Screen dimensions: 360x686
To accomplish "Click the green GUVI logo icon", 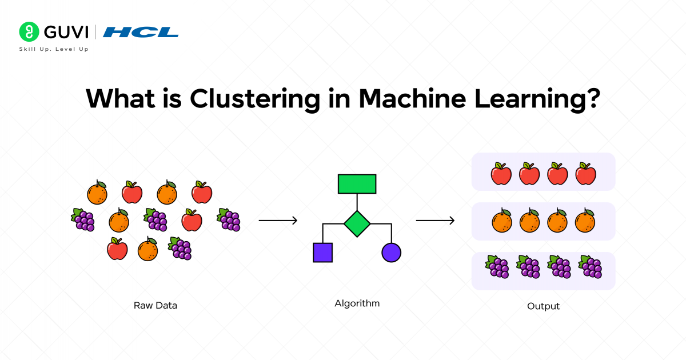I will click(x=29, y=31).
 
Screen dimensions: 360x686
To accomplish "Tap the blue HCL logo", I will click(x=141, y=32).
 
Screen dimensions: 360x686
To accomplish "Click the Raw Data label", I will click(x=155, y=305).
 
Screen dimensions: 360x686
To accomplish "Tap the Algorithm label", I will click(x=357, y=303).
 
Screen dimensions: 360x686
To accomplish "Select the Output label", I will click(x=543, y=306).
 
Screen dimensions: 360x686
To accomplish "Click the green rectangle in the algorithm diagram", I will click(x=357, y=184).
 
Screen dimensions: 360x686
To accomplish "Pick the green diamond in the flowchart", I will click(x=357, y=223).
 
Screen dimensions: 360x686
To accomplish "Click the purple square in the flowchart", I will click(x=322, y=252).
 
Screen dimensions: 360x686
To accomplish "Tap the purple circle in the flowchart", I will click(x=391, y=252).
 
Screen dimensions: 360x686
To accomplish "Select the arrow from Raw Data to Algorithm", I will click(x=278, y=221).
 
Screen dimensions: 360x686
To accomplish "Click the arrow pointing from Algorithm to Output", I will click(x=435, y=221).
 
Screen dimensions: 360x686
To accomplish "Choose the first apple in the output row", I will click(x=501, y=173).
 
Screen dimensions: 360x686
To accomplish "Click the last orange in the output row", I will click(x=585, y=222).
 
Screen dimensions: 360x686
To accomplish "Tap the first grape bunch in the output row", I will click(x=497, y=267).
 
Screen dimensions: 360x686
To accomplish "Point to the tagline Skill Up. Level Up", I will click(x=54, y=49).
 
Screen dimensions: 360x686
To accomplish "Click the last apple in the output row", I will click(x=586, y=173).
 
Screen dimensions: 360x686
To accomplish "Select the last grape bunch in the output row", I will click(x=591, y=267).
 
